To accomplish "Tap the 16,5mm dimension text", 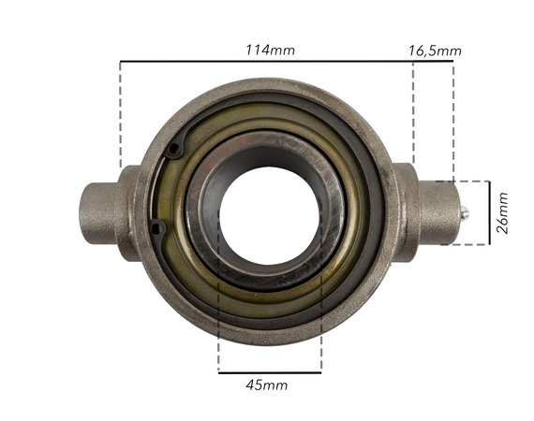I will (x=435, y=50).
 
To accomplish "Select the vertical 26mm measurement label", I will (x=503, y=213).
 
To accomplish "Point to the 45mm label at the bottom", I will (x=267, y=385).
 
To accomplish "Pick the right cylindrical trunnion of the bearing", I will (x=433, y=213).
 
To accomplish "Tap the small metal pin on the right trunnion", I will (x=463, y=214).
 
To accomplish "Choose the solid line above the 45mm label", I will (x=269, y=372).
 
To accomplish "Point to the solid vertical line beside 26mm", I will (x=489, y=213).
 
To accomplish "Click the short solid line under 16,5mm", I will (x=433, y=62).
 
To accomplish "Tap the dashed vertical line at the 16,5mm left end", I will (x=413, y=112).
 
